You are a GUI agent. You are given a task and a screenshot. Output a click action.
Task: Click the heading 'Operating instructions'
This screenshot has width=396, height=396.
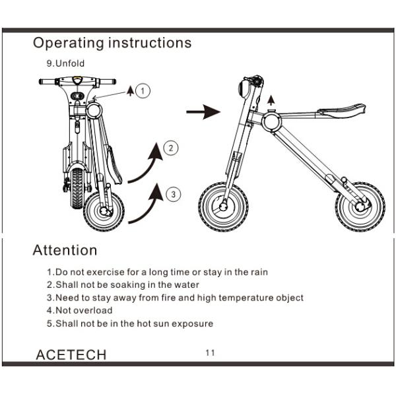click(112, 43)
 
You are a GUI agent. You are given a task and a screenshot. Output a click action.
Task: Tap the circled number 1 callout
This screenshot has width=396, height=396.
click(145, 90)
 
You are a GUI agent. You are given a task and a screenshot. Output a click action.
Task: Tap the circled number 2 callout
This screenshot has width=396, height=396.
click(171, 148)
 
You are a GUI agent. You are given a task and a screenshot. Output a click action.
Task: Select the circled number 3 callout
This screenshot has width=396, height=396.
click(172, 194)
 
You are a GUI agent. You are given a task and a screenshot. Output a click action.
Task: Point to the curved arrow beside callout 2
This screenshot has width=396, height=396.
click(145, 164)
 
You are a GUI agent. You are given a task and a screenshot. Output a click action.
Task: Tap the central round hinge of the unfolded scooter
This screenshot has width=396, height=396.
click(271, 122)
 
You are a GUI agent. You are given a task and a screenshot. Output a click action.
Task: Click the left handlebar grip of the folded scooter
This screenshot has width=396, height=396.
click(48, 82)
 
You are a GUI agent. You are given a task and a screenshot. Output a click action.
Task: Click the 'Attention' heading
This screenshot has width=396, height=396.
click(65, 251)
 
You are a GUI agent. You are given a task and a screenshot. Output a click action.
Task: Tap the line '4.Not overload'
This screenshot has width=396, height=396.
click(80, 310)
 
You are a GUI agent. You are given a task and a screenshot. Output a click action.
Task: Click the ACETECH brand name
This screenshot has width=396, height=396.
click(70, 355)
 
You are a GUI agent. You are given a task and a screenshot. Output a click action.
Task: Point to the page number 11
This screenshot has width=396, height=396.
click(211, 352)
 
